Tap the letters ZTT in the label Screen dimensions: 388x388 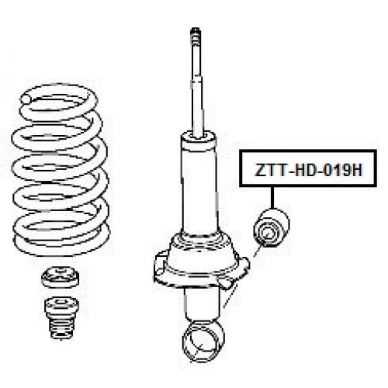click(263, 171)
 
